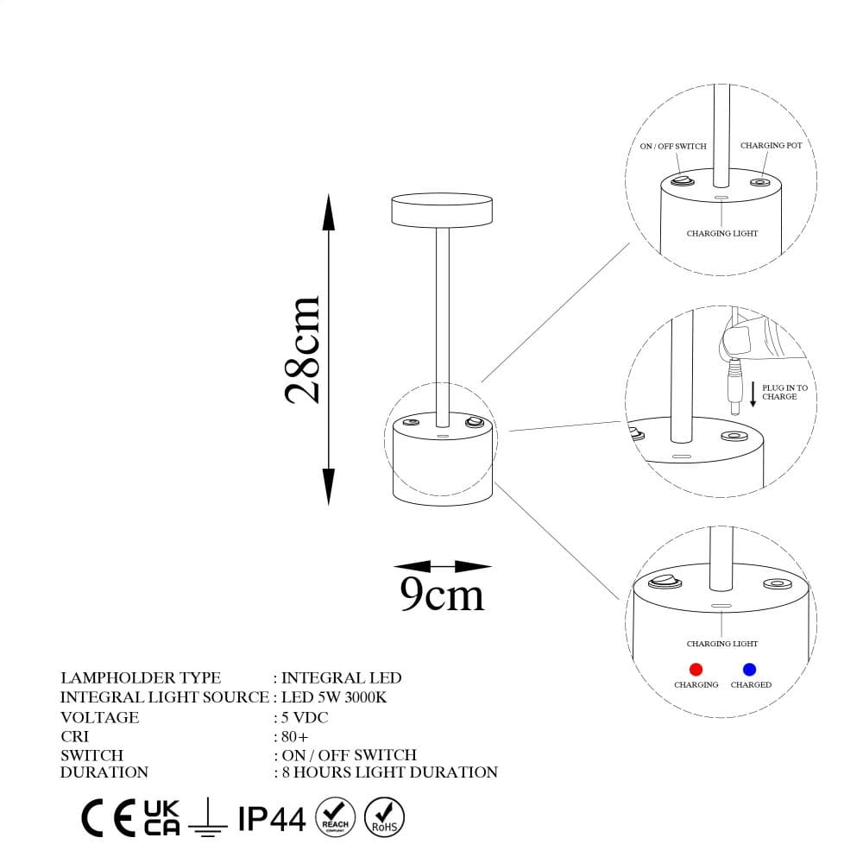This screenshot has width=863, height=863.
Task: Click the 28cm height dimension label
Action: point(304,350)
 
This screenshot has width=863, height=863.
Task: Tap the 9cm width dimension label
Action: point(442,595)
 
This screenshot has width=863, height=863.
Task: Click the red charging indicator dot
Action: point(696,669)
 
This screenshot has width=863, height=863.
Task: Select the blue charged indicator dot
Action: point(749,669)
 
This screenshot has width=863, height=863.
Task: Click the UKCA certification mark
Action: point(161,818)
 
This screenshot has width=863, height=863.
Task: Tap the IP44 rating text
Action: point(272,819)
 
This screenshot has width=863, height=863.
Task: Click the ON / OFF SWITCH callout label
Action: point(673,147)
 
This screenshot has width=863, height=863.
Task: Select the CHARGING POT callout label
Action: point(771,146)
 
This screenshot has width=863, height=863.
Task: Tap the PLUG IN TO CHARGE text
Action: point(784,393)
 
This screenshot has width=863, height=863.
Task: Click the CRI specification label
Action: point(75,737)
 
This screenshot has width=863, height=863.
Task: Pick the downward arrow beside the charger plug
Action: point(753,395)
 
